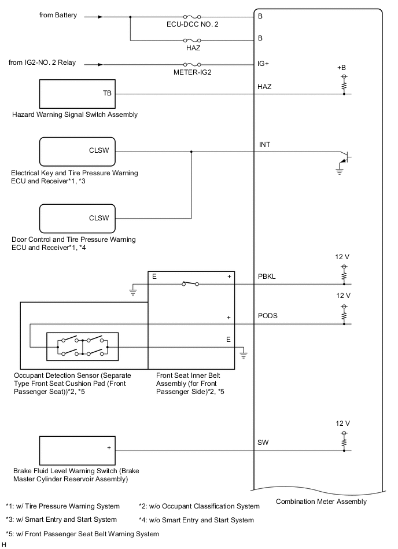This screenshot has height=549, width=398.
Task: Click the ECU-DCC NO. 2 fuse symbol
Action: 191,17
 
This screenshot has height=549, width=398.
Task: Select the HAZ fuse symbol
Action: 191,40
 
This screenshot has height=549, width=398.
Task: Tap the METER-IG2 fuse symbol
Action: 191,64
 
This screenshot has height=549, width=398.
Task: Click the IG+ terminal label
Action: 263,64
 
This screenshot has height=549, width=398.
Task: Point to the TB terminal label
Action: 107,93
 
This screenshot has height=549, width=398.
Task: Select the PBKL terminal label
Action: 267,277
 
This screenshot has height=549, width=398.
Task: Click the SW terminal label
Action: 263,443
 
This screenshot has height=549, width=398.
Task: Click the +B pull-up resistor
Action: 344,85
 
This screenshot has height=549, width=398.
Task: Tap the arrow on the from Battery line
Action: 100,17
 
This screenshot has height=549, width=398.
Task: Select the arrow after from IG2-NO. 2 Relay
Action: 100,64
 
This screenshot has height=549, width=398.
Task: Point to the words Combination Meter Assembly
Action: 321,502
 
